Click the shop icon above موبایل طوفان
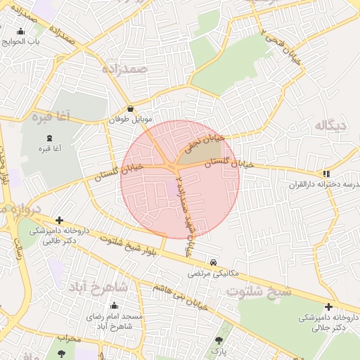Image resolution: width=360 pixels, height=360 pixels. pos(131,109)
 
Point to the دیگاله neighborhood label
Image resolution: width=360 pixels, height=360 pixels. pos(331,126)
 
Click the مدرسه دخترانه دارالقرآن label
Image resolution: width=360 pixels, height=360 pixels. pos(323,185)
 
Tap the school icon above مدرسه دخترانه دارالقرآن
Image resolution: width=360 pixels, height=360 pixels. pos(326,174)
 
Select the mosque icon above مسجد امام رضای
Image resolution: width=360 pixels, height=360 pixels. pos(114,306)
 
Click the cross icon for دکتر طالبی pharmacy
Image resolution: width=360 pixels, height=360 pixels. pos(59,220)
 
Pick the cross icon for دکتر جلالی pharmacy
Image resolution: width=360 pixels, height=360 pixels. pos(328,307)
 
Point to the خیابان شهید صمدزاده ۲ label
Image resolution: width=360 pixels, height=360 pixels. pos(185,211)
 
